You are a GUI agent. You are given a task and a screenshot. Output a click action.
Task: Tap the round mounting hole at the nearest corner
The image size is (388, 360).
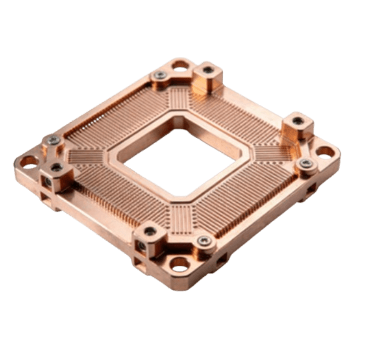(180, 265)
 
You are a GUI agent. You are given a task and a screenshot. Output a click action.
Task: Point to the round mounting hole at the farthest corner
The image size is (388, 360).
(180, 66)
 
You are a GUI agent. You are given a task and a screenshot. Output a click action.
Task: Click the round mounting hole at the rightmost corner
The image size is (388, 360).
(325, 152)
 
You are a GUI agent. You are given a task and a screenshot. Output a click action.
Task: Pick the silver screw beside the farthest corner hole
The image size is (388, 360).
(160, 75)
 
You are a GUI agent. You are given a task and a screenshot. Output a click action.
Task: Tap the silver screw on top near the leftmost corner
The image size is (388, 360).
(53, 141)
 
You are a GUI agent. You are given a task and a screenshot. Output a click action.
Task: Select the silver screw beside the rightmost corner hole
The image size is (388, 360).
(305, 163)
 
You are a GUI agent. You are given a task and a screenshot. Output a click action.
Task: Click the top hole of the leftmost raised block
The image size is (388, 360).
(56, 167)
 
